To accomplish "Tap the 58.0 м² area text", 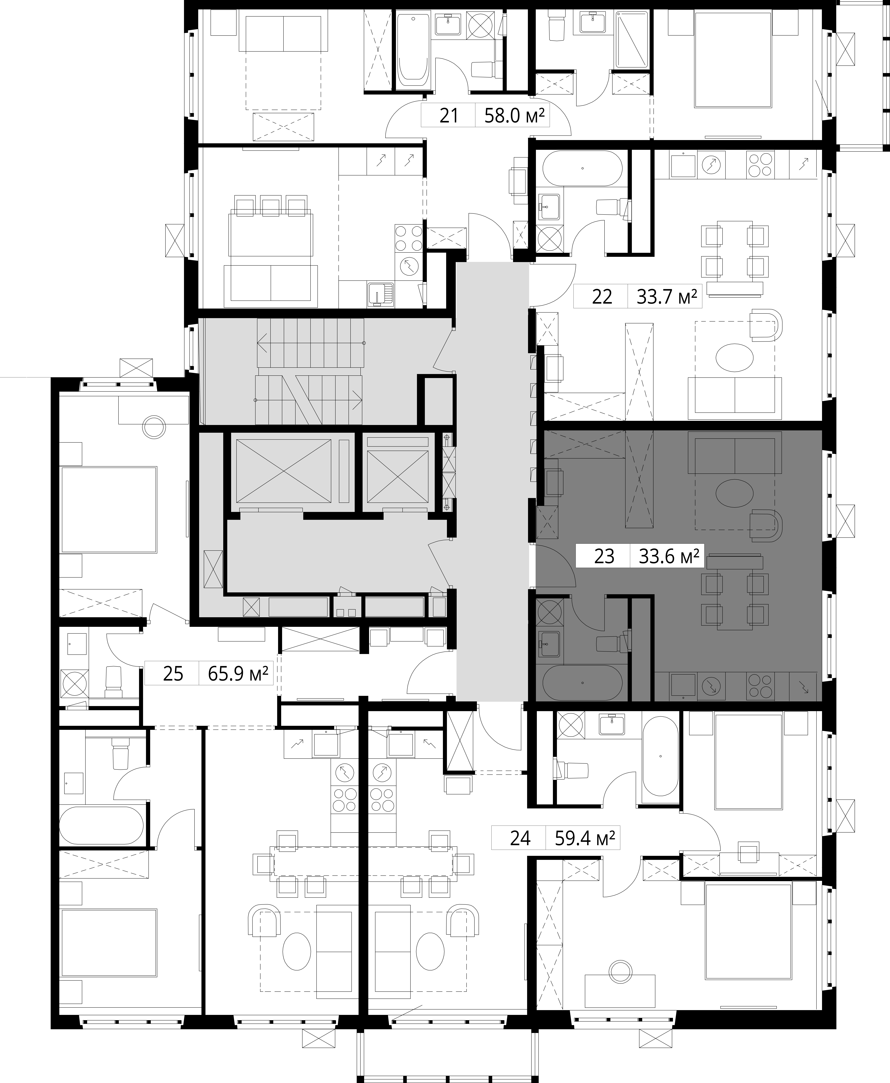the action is pos(514,116).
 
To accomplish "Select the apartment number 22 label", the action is pos(602,297).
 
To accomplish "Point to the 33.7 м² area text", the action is pos(666,297).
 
